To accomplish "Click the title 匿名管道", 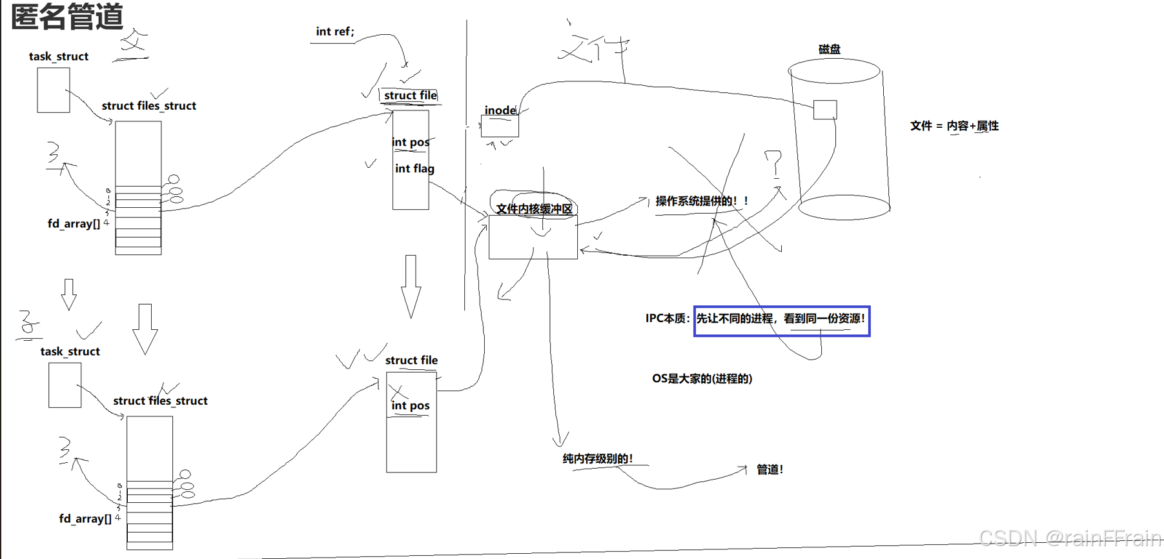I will (x=67, y=17).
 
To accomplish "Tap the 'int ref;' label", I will (x=334, y=32).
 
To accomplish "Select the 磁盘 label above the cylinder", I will (x=829, y=49).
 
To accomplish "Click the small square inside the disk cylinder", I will (x=824, y=110).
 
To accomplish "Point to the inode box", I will (x=500, y=126).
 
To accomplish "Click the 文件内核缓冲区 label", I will (x=534, y=208).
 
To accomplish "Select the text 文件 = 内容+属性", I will (x=954, y=126).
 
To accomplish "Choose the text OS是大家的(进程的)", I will (x=702, y=378).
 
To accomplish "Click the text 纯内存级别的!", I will (x=597, y=458).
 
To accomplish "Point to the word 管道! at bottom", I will (x=770, y=469).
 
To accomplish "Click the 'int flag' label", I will (x=414, y=168).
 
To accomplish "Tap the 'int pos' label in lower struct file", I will (x=410, y=405).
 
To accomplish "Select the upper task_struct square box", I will (x=54, y=90).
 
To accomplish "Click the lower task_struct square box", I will (x=65, y=385).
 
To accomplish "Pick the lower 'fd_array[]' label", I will (x=85, y=518).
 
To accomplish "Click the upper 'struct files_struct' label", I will (x=148, y=106).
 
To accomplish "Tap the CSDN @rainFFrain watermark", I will (x=1070, y=538).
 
